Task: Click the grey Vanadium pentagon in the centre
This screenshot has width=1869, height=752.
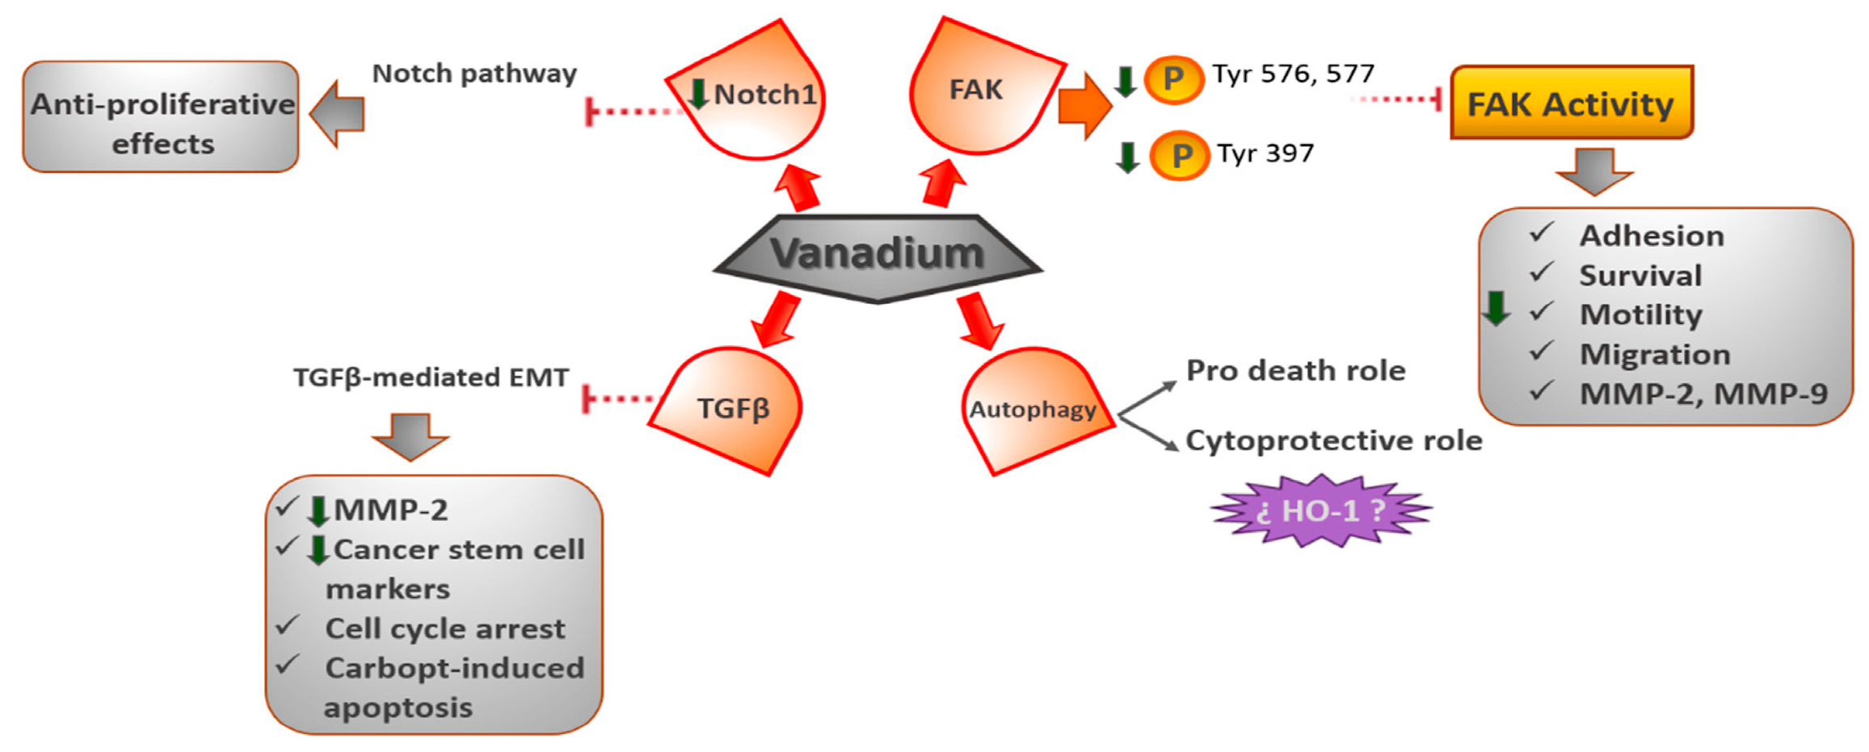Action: tap(878, 256)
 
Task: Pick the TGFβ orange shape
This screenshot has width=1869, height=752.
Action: tap(731, 408)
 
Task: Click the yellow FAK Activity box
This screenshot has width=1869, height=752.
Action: tap(1570, 104)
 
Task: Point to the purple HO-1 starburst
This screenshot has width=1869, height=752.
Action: tap(1320, 510)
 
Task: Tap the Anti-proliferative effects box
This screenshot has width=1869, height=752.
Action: tap(162, 117)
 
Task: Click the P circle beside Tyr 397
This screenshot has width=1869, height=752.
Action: tap(1179, 155)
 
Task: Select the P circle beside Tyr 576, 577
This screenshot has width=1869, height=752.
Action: tap(1173, 79)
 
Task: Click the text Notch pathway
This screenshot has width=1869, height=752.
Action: tap(474, 74)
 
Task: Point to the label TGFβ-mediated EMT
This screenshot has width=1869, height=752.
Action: tap(431, 378)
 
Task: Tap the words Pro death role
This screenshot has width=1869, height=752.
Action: tap(1295, 370)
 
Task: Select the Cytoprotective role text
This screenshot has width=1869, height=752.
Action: tap(1333, 441)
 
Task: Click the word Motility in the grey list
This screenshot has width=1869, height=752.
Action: tap(1640, 315)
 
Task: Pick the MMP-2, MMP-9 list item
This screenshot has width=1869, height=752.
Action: tap(1703, 394)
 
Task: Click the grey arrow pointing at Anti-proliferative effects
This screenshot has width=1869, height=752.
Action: tap(338, 114)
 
